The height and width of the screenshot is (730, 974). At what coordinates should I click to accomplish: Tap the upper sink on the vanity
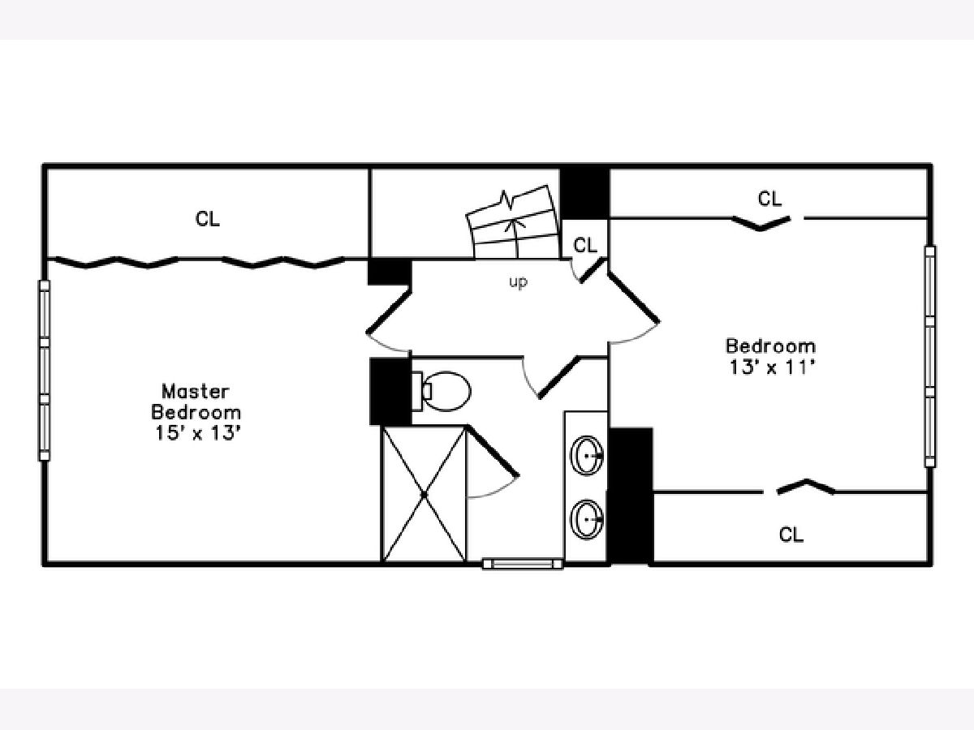pos(587,456)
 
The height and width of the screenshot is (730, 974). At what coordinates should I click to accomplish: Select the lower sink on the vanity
pos(587,519)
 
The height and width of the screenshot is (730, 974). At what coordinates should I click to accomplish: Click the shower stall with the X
pos(425,494)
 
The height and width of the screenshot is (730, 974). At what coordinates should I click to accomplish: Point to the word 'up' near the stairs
pos(518,282)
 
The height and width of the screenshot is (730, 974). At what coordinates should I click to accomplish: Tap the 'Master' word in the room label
pos(196,392)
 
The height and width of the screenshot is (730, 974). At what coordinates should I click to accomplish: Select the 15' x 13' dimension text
pos(197,433)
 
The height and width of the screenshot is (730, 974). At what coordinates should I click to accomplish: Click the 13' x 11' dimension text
pos(772,367)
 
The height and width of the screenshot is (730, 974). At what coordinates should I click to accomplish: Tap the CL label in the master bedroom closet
pos(208,218)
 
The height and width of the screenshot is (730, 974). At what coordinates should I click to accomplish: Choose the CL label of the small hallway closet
pos(585,245)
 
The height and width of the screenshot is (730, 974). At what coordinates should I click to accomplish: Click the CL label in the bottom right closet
pos(791,535)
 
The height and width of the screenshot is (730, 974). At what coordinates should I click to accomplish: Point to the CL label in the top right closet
pos(770,199)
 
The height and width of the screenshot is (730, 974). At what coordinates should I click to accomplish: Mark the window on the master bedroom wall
pos(45,371)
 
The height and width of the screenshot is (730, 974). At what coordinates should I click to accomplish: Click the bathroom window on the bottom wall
pos(523,565)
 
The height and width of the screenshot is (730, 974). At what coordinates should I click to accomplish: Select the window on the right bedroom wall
pos(930,356)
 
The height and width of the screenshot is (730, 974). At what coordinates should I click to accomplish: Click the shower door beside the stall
pos(493,452)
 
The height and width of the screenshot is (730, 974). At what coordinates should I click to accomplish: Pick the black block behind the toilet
pos(390,392)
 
